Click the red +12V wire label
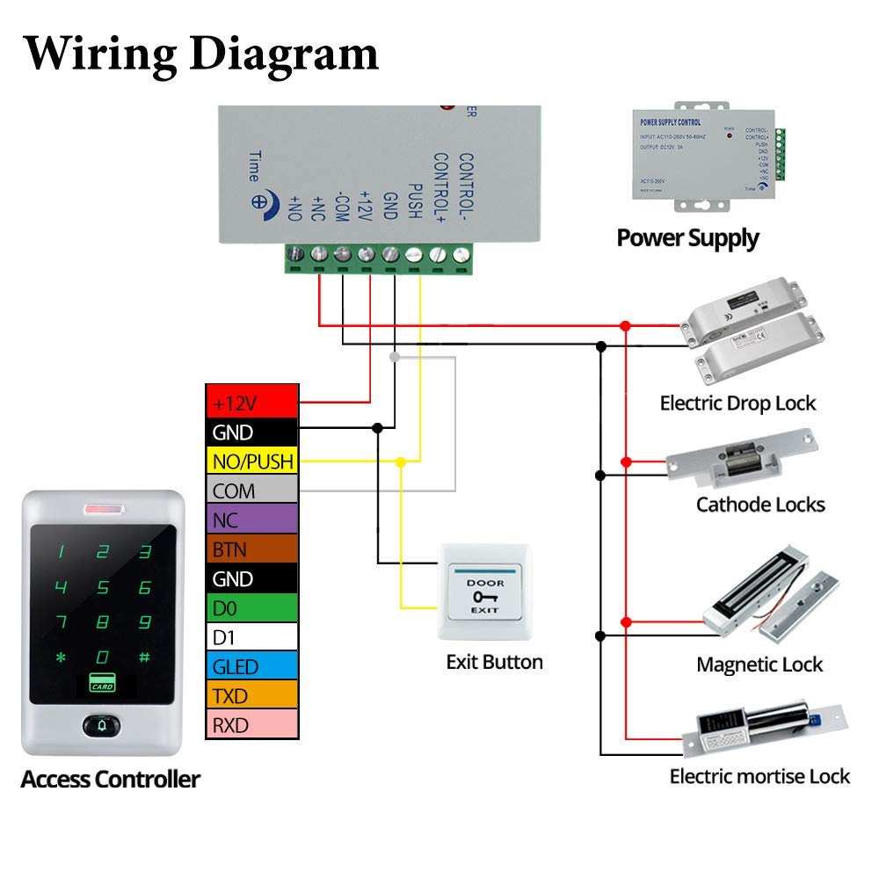(252, 403)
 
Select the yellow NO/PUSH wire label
(252, 461)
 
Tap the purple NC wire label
(252, 520)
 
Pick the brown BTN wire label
(252, 549)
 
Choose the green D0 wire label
(252, 608)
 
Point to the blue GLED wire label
(252, 666)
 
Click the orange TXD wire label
(252, 696)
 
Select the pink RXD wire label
(252, 725)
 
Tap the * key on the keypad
(61, 657)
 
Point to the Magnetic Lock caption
(759, 665)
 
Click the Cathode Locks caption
(760, 505)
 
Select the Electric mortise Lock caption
(759, 776)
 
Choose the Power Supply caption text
(687, 237)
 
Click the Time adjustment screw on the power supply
(261, 200)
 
